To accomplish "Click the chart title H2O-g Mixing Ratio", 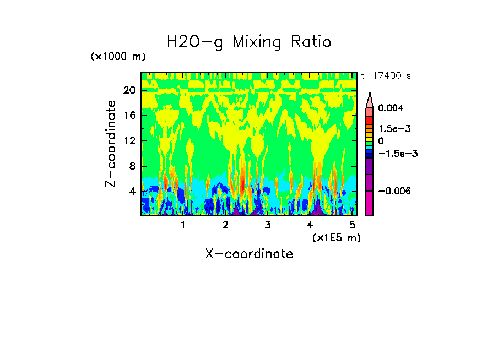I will (249, 42).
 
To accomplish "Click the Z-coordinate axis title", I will (111, 144).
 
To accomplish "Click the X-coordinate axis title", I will (249, 254).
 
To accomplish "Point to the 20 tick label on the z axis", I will (129, 90).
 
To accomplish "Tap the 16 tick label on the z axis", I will (129, 116).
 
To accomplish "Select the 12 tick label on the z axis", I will (129, 141).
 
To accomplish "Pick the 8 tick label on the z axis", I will (132, 166).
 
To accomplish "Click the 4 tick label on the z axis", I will (132, 192).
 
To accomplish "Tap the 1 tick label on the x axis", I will (183, 225).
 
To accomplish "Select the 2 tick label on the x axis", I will (225, 225).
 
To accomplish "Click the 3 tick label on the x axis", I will (268, 225).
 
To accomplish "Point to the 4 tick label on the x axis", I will (310, 225).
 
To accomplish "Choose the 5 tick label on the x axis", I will (353, 225).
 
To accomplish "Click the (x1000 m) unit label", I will (118, 57).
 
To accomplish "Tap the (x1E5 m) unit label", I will (336, 237).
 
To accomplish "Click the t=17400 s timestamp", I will (386, 75).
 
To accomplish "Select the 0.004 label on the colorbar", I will (391, 108).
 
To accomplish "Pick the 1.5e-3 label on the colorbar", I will (394, 129).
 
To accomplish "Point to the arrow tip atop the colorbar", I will (370, 94).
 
